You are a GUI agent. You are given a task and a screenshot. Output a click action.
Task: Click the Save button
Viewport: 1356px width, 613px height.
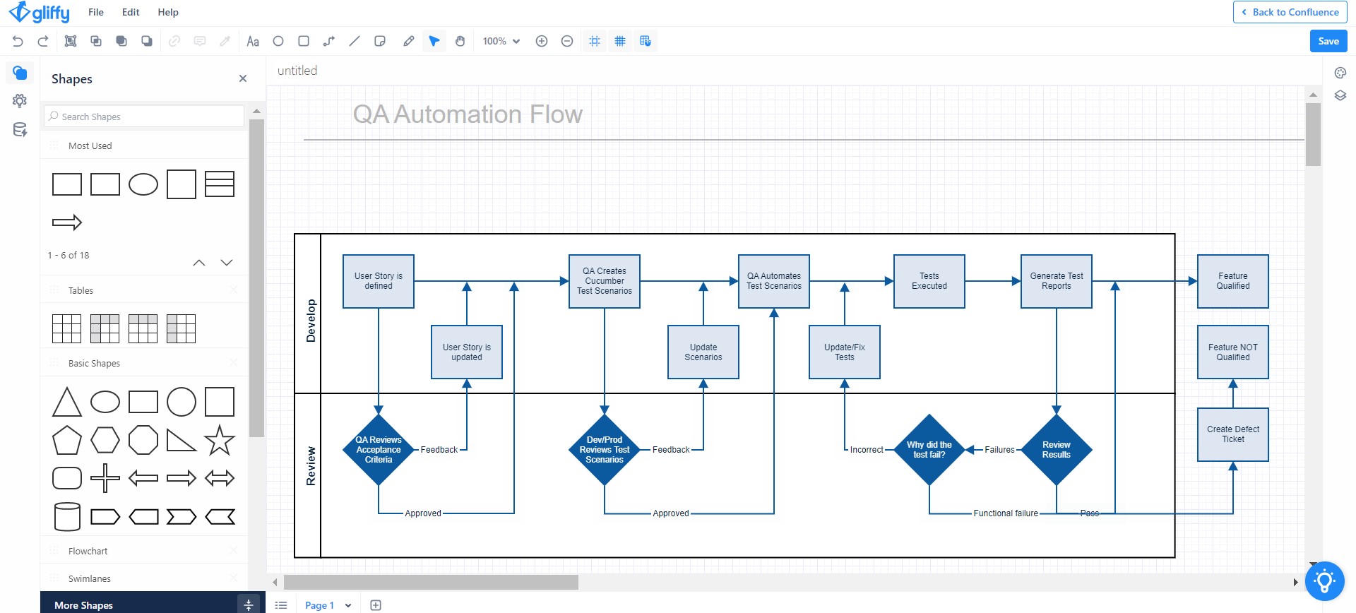[x=1328, y=41]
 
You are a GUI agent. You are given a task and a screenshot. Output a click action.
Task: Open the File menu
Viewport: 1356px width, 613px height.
[x=96, y=12]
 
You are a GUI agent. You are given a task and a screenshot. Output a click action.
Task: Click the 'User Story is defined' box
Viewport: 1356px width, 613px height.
[x=378, y=281]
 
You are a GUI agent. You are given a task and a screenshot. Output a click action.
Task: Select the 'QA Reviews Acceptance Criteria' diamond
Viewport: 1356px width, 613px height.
[x=378, y=450]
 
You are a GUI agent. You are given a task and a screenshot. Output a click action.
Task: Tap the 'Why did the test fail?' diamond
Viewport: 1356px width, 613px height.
[x=929, y=450]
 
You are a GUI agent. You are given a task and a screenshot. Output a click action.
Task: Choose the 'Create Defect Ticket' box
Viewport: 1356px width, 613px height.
[x=1232, y=434]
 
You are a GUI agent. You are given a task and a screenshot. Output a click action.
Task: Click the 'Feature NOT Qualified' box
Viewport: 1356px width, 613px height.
[x=1232, y=352]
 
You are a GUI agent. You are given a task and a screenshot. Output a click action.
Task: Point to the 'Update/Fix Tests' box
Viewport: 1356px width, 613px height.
[x=844, y=352]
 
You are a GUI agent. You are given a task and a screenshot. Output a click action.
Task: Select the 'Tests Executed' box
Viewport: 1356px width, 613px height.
[x=929, y=281]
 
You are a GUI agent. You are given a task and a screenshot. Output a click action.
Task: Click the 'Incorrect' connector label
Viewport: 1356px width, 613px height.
[x=867, y=450]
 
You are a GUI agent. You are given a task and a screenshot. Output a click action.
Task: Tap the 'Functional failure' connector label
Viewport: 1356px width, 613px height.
[x=1006, y=513]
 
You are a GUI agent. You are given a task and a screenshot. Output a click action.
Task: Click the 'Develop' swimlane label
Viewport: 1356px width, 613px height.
[x=311, y=321]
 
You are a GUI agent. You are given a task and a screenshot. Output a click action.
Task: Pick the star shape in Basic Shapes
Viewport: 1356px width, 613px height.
[x=219, y=440]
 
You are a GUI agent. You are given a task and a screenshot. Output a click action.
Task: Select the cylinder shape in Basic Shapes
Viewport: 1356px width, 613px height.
[x=67, y=516]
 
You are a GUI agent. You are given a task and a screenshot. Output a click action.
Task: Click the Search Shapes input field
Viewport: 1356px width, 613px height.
[x=145, y=117]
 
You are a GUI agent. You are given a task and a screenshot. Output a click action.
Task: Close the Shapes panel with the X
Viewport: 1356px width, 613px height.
[x=243, y=78]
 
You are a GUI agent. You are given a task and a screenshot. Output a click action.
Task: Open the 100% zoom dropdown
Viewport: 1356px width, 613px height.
[x=501, y=41]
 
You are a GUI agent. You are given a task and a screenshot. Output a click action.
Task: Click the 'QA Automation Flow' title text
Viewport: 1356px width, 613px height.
[x=468, y=114]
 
